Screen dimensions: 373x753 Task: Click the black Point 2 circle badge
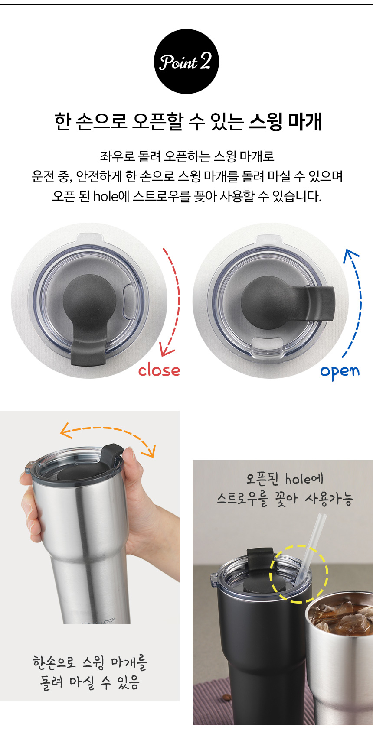point(186,62)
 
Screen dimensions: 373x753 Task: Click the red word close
point(159,370)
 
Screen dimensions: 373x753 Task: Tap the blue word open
point(340,371)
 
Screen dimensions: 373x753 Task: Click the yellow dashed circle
point(299,573)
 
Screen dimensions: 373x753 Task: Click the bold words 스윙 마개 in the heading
point(285,122)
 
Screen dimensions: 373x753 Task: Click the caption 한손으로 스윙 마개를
point(90,662)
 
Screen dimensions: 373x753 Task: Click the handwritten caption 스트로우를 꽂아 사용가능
point(285,499)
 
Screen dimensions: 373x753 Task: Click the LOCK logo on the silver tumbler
point(99,621)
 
